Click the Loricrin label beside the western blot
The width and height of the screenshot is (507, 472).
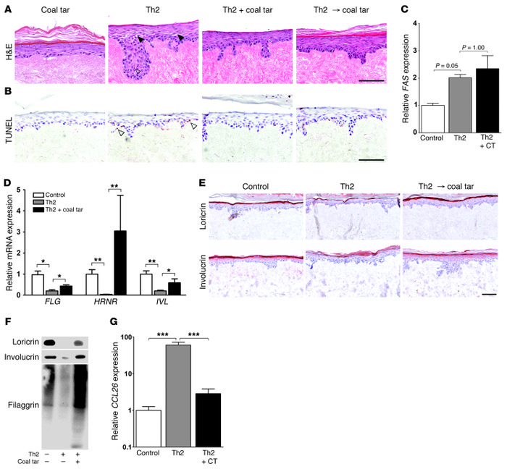pyautogui.click(x=21, y=339)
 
